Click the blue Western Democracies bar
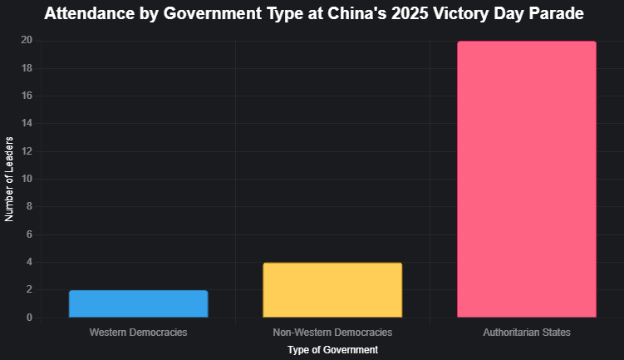click(138, 304)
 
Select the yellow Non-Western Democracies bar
click(332, 290)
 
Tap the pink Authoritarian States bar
click(527, 180)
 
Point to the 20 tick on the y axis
click(27, 41)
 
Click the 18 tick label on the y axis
click(27, 68)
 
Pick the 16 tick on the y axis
click(27, 96)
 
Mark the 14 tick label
click(27, 124)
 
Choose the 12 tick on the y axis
click(27, 151)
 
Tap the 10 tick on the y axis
click(27, 179)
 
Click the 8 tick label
click(29, 207)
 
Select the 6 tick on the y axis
click(29, 234)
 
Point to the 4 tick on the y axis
click(29, 262)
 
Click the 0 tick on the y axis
click(29, 318)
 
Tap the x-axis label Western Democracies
click(138, 333)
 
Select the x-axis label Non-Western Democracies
click(332, 333)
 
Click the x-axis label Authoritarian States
click(527, 333)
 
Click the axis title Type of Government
click(332, 350)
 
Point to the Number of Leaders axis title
click(10, 179)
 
